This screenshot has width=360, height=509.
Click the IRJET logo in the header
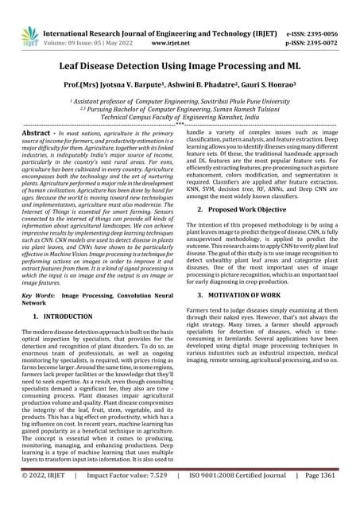29,36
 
